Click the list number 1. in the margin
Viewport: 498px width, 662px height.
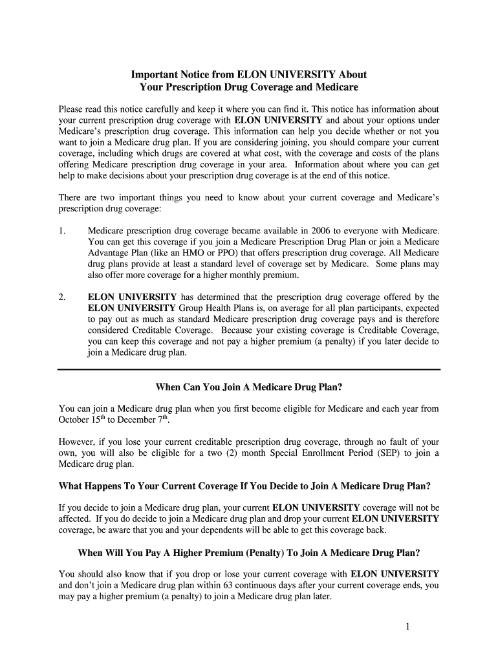(62, 231)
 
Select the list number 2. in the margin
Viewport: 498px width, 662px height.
(62, 297)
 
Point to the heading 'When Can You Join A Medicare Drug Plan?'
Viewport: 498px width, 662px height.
(248, 387)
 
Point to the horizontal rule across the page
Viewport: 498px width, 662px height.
(248, 369)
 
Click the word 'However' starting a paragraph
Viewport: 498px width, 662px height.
(78, 442)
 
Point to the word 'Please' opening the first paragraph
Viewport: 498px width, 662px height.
(72, 109)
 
